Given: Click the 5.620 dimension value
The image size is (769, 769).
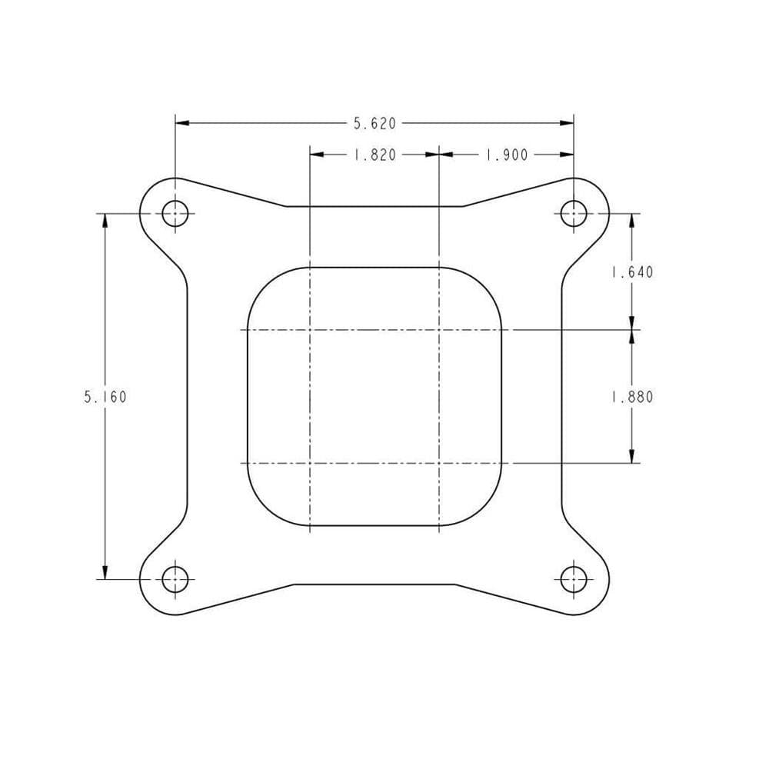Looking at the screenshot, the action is pos(375,123).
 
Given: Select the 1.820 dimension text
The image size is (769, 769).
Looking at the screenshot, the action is pos(375,155).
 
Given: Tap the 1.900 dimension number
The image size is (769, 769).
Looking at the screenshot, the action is pos(506,155).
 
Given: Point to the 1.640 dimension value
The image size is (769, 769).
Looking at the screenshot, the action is pos(631,272).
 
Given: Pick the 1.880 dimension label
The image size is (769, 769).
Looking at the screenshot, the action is pos(631,398).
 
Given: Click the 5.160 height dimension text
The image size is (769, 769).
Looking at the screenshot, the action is pos(105,398).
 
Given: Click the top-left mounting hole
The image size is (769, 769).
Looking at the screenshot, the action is pos(175,213).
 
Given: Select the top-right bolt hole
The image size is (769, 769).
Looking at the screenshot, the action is pos(574,213).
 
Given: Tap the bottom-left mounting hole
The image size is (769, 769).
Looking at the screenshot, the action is pos(175,578).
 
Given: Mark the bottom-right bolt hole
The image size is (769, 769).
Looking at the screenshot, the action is pos(574,578).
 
